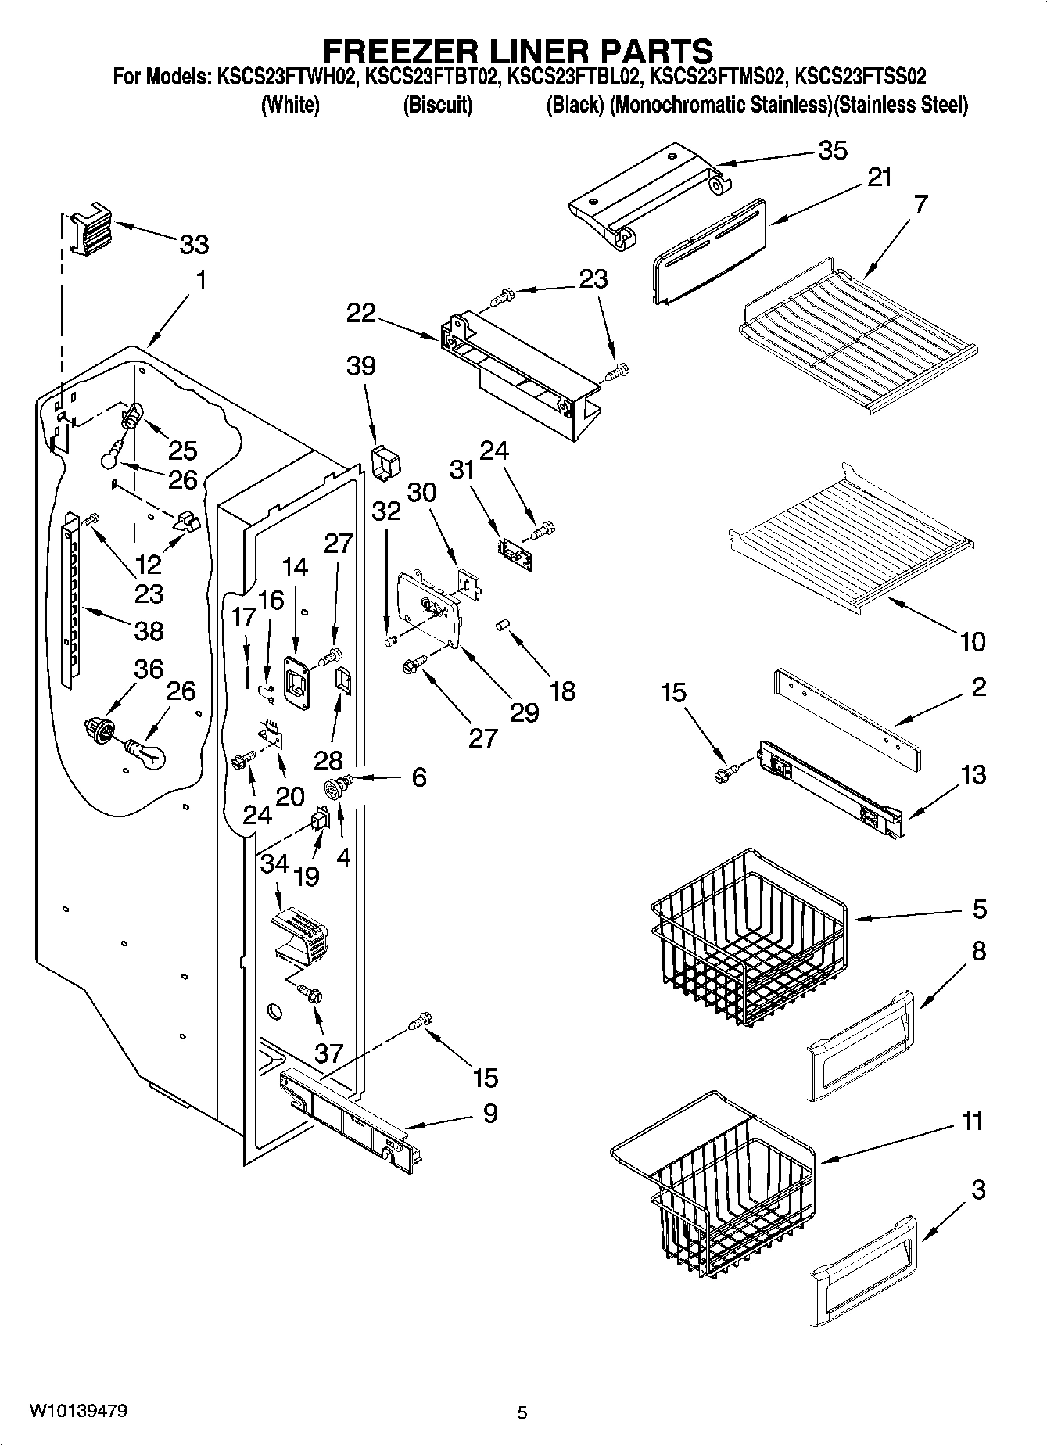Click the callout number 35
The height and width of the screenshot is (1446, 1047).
click(833, 150)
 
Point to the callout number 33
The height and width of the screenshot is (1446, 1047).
click(194, 245)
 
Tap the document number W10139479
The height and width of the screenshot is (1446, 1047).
click(78, 1410)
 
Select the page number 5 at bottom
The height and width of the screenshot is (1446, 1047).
click(522, 1412)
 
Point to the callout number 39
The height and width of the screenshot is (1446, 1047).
click(361, 365)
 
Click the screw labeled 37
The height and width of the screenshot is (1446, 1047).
click(313, 995)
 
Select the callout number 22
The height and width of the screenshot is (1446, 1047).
click(361, 313)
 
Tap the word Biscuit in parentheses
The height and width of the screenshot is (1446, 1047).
click(438, 106)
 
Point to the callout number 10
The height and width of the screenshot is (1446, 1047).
click(972, 641)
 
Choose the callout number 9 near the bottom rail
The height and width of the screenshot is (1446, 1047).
click(490, 1113)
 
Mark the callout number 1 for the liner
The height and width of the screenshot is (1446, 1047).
click(201, 279)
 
